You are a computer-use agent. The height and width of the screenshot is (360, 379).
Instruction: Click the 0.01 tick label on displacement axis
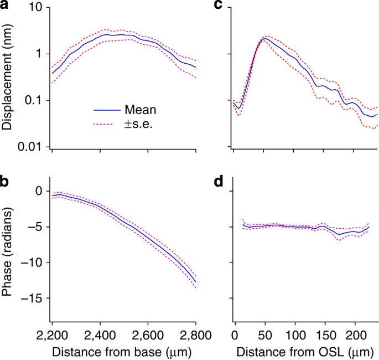pyautogui.click(x=29, y=147)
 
